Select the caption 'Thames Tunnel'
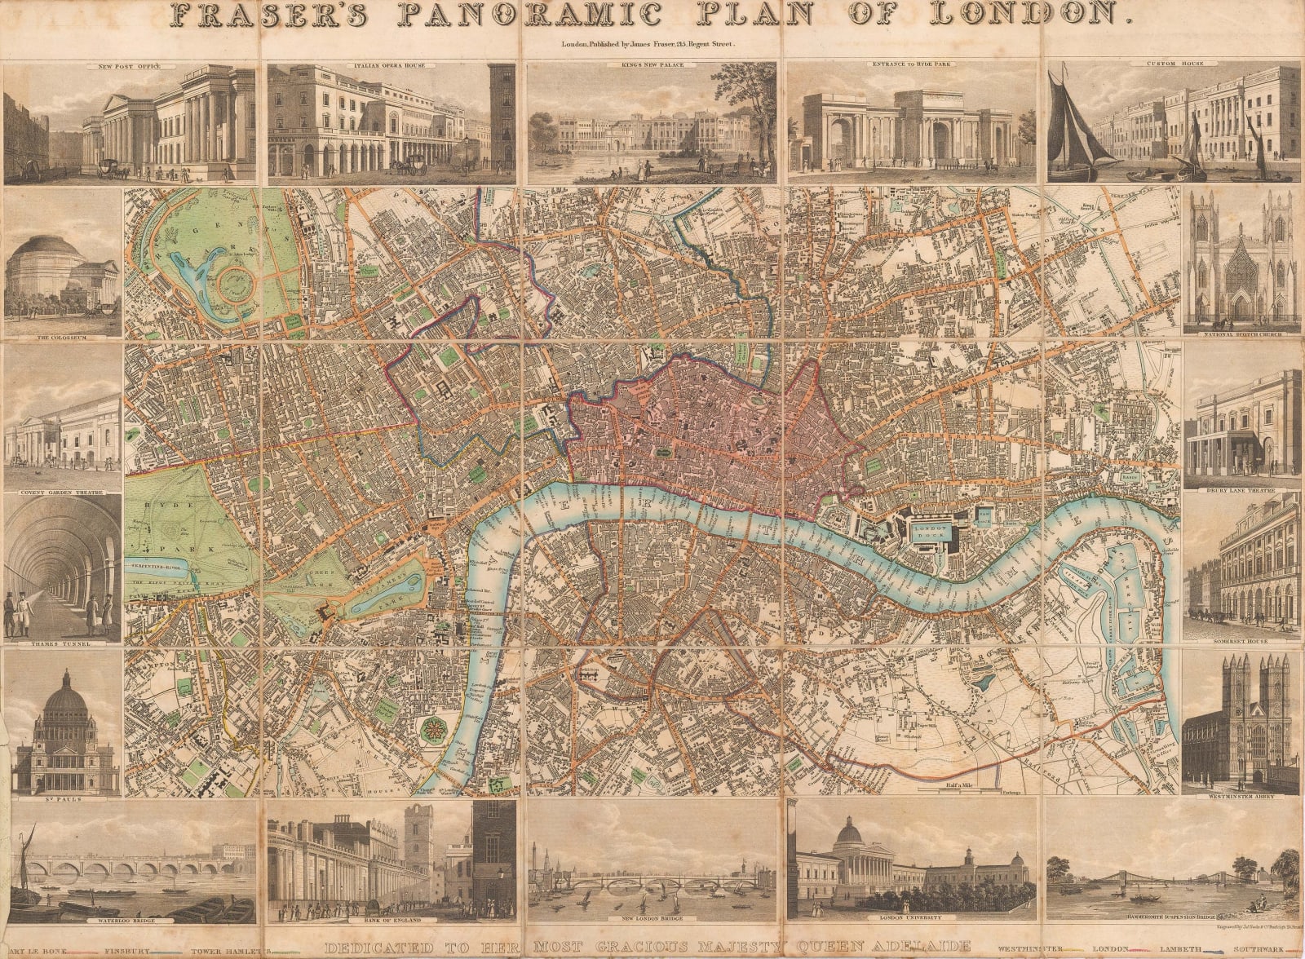coord(62,643)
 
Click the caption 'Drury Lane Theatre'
coord(1242,490)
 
